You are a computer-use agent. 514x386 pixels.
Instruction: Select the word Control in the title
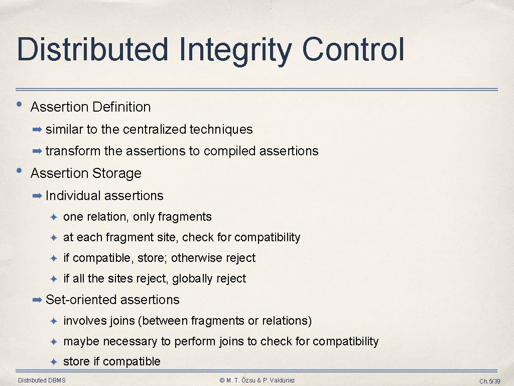click(353, 50)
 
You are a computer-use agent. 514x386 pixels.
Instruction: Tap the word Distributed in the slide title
click(92, 50)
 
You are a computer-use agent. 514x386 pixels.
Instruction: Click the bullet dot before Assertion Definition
click(19, 105)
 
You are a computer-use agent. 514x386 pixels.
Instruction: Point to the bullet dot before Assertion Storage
click(19, 170)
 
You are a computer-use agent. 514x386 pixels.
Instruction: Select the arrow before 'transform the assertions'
click(37, 151)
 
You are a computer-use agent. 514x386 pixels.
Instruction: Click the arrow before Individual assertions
click(37, 196)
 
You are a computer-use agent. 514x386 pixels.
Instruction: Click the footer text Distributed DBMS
click(42, 380)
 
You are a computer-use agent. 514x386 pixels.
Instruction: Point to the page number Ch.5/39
click(489, 381)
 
